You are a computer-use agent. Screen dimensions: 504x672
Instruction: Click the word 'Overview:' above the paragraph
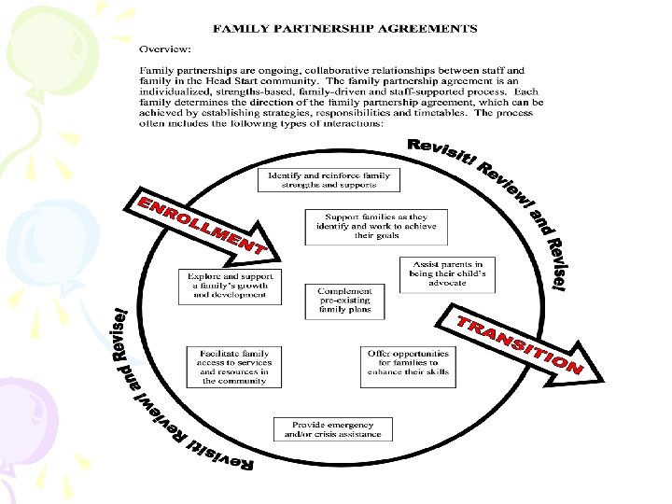(x=165, y=48)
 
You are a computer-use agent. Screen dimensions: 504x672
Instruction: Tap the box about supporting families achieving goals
(x=375, y=227)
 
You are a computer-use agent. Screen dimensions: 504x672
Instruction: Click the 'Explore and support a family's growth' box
(x=229, y=286)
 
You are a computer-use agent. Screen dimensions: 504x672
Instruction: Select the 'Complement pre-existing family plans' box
(x=343, y=301)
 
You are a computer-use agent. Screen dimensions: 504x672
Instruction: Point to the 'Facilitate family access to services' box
(x=232, y=367)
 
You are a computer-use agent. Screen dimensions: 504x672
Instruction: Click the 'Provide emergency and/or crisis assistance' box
(x=332, y=429)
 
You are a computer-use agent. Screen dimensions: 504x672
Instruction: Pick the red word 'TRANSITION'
(x=518, y=343)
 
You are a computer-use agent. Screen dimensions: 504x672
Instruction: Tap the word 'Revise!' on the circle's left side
(x=118, y=333)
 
